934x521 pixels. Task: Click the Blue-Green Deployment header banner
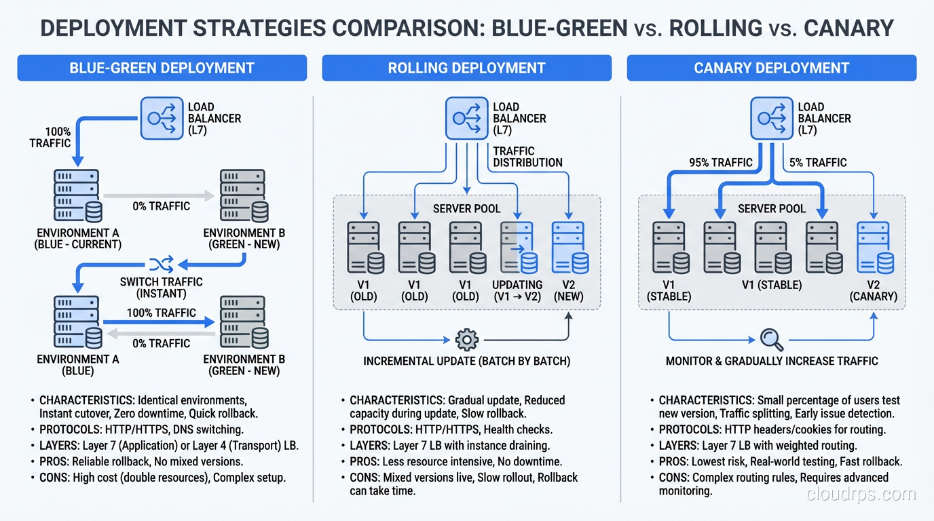coord(162,68)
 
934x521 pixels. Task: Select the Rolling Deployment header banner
coord(466,68)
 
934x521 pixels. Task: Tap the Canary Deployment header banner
coord(771,68)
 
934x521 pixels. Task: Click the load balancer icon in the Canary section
coord(772,118)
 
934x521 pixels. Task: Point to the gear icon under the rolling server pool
coord(467,339)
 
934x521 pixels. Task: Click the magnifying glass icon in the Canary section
coord(772,339)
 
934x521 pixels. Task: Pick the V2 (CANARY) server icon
coord(874,248)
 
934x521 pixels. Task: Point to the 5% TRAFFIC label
coord(817,163)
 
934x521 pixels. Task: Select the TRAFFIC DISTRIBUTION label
coord(527,157)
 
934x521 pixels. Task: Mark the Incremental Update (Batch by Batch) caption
coord(466,361)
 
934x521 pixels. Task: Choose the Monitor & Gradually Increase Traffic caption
coord(772,361)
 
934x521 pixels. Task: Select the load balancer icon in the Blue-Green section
coord(162,118)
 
